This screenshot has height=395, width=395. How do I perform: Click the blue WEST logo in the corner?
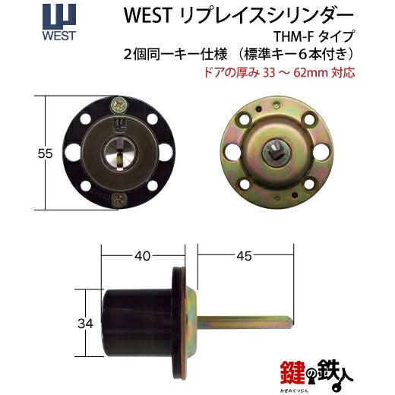point(59,23)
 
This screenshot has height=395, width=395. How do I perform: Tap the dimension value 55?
point(45,153)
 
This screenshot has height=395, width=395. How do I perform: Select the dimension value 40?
point(142,256)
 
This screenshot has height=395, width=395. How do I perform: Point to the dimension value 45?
point(244,256)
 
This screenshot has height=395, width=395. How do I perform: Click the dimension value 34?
point(85,324)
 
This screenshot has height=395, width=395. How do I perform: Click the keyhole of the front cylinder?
point(119,153)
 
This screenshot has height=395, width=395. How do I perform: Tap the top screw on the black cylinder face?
point(118,105)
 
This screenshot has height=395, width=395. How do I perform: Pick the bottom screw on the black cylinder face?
point(118,200)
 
